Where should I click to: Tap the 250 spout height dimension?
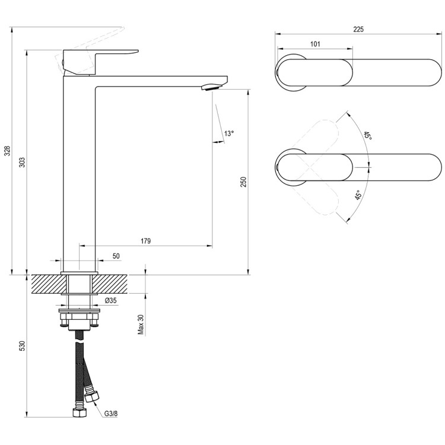pyautogui.click(x=243, y=182)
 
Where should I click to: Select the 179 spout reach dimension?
pyautogui.click(x=146, y=241)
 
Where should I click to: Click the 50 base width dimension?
pyautogui.click(x=116, y=256)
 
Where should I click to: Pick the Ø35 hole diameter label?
pyautogui.click(x=111, y=301)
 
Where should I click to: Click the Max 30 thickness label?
pyautogui.click(x=141, y=325)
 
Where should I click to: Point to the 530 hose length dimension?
pyautogui.click(x=22, y=347)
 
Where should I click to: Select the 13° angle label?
pyautogui.click(x=229, y=133)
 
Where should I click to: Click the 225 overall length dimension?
pyautogui.click(x=358, y=29)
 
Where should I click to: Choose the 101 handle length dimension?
pyautogui.click(x=315, y=44)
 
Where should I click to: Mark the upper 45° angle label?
pyautogui.click(x=368, y=136)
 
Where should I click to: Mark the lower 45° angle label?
pyautogui.click(x=358, y=196)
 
